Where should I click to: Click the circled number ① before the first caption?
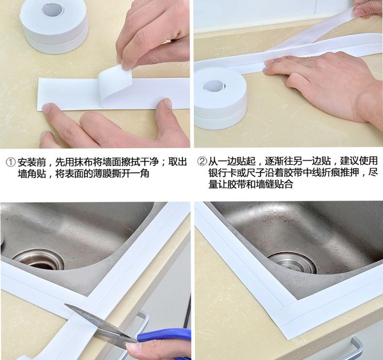[x=11, y=162]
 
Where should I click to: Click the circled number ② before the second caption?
[x=202, y=161]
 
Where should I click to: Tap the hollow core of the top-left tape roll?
[x=53, y=9]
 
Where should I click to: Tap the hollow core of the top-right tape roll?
[x=214, y=86]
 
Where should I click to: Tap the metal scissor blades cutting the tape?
[x=100, y=323]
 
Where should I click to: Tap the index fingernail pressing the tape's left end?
[x=47, y=108]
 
